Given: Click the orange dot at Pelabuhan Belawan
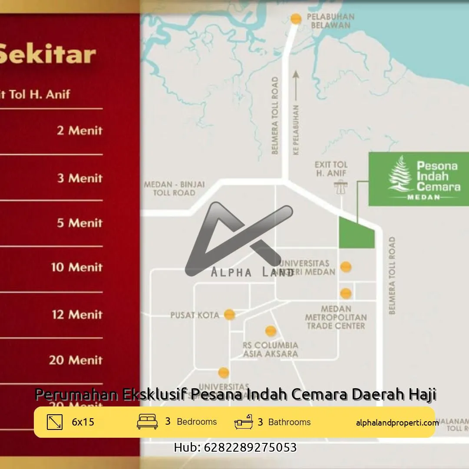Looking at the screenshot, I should [x=296, y=19].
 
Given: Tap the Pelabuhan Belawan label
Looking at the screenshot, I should [x=330, y=21].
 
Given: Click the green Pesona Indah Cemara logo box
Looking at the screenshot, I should [x=419, y=178].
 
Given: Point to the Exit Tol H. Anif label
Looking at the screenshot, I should [x=331, y=169].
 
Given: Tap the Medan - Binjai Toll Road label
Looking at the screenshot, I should [x=174, y=188].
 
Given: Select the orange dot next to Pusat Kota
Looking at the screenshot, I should [x=229, y=314].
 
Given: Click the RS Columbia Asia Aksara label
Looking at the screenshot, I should [x=270, y=350].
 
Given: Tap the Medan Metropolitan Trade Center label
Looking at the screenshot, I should [x=336, y=317].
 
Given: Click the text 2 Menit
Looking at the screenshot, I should [x=79, y=130].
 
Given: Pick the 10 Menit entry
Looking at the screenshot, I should [x=76, y=267].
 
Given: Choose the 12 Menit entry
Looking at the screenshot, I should [x=77, y=314].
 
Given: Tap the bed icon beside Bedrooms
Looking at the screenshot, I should [x=147, y=422].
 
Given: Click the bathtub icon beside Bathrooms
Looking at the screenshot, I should [x=243, y=422].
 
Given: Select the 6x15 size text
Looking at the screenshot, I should [x=83, y=422].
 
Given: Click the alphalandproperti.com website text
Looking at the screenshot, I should [x=397, y=423].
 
